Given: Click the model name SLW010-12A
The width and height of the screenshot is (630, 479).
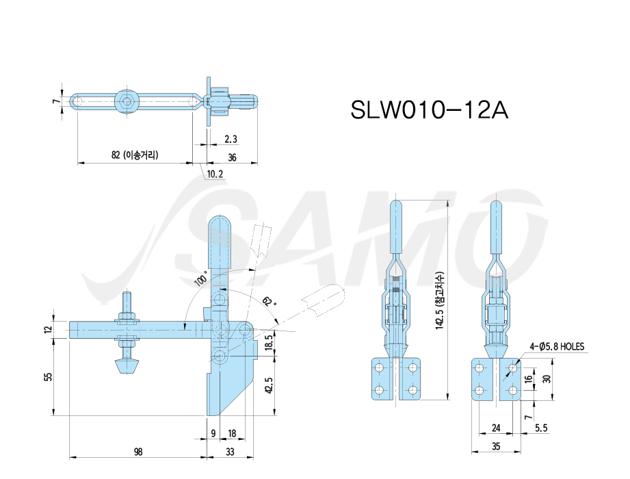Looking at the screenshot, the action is click(x=429, y=109).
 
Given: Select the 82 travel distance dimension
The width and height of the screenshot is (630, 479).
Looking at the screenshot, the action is click(x=135, y=155).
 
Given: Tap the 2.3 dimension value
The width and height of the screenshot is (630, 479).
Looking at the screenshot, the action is click(x=231, y=139).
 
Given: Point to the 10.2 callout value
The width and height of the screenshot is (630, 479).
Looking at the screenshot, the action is click(x=215, y=174).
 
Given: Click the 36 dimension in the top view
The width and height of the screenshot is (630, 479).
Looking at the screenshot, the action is click(x=232, y=157).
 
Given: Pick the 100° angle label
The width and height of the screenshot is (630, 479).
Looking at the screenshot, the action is click(x=201, y=279).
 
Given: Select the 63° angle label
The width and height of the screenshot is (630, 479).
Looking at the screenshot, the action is click(x=269, y=300).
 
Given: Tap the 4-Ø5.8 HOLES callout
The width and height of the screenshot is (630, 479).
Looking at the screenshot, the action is click(x=557, y=346).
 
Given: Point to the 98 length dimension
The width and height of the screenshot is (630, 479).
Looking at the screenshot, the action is click(x=137, y=452).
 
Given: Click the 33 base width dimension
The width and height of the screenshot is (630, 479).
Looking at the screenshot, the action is click(x=230, y=452).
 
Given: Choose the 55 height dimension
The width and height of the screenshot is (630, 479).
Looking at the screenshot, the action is click(x=48, y=376).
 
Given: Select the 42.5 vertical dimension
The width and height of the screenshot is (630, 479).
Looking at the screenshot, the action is click(x=270, y=385).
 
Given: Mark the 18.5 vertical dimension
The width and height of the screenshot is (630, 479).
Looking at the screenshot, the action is click(x=270, y=343).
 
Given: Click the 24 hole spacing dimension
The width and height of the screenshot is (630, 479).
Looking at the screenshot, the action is click(x=496, y=428).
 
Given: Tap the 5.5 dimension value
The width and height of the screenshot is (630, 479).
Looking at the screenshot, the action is click(x=541, y=428).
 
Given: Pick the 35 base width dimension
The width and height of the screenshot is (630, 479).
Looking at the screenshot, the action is click(x=496, y=446).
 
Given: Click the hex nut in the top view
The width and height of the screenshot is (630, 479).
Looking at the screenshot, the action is click(x=127, y=101).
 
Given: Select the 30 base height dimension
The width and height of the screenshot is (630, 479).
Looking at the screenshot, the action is click(x=547, y=378).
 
